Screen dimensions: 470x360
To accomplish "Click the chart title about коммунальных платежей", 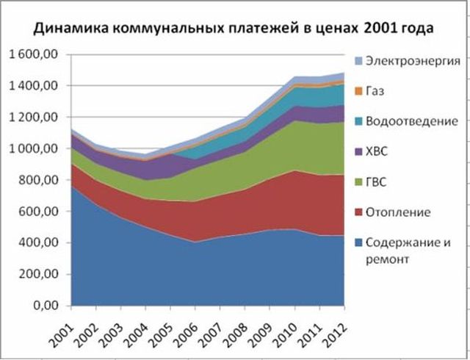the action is coord(234,28).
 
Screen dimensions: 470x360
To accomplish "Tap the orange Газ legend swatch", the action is coord(358,91).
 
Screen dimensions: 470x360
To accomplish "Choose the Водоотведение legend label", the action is coord(412,121).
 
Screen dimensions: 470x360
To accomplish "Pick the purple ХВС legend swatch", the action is coord(358,152).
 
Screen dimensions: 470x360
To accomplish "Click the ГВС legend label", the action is coord(376,182).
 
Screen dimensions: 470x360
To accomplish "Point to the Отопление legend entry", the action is coord(392,212).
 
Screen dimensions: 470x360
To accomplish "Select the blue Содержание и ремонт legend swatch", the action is coord(358,242).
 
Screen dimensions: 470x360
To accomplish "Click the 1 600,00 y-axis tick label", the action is coord(37,54).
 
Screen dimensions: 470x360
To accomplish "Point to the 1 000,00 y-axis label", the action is coord(37,149).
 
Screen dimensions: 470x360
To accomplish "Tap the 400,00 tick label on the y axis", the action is coord(43,243).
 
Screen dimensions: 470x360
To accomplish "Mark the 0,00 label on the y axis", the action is coord(50,306).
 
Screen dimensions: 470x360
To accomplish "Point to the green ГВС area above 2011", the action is coord(319,149).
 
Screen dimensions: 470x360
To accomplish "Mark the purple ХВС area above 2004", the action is coord(145,170).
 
